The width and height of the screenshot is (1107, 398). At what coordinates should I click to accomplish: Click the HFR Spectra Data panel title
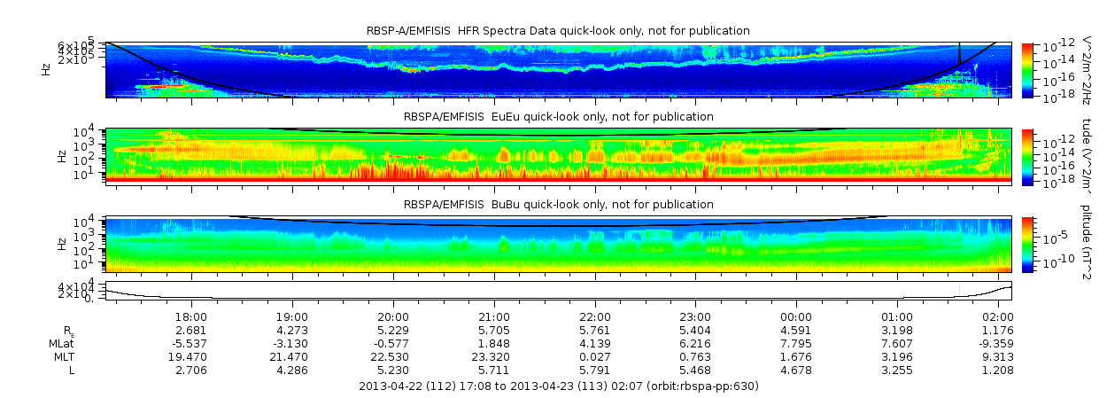tap(558, 31)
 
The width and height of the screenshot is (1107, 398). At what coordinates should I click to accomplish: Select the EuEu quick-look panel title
tap(558, 116)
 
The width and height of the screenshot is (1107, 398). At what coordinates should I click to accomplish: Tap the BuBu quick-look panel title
tap(558, 204)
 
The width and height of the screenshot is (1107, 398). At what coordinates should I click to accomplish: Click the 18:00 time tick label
tap(191, 316)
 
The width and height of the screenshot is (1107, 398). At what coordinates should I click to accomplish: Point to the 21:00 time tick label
tap(494, 316)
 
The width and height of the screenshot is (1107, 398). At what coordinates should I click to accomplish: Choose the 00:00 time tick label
tap(796, 316)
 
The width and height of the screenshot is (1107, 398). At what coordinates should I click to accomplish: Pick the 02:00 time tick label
tap(998, 316)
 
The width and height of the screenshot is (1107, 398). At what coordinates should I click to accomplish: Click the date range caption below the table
tap(558, 386)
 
